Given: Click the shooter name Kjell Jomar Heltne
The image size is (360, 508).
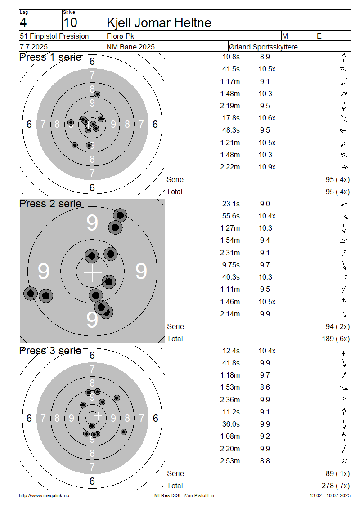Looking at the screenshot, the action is pyautogui.click(x=159, y=22).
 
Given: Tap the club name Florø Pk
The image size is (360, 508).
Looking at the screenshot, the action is pyautogui.click(x=120, y=36).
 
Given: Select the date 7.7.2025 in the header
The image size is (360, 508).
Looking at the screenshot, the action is pyautogui.click(x=34, y=47).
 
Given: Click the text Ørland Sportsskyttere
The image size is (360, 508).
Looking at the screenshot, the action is pyautogui.click(x=263, y=47).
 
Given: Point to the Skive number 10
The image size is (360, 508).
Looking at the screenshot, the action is pyautogui.click(x=70, y=22).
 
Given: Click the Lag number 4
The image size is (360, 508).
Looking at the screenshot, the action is pyautogui.click(x=23, y=22).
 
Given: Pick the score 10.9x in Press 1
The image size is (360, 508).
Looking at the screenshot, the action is pyautogui.click(x=267, y=167).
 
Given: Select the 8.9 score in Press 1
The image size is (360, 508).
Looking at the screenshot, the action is pyautogui.click(x=265, y=57).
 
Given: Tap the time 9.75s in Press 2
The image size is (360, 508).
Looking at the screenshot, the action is pyautogui.click(x=231, y=265).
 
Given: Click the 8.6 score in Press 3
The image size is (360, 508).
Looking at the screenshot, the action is pyautogui.click(x=265, y=388).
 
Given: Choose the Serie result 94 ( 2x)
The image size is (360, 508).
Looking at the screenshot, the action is pyautogui.click(x=337, y=326).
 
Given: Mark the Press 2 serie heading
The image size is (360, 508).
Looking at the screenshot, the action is pyautogui.click(x=50, y=204).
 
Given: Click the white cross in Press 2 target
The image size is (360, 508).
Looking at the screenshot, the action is pyautogui.click(x=93, y=272).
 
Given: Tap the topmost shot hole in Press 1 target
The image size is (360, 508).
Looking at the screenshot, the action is pyautogui.click(x=97, y=94).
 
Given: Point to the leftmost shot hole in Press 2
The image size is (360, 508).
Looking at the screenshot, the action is pyautogui.click(x=31, y=294).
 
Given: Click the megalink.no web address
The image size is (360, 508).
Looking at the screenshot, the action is pyautogui.click(x=44, y=496).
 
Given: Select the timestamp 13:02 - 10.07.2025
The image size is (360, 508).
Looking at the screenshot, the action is pyautogui.click(x=330, y=496).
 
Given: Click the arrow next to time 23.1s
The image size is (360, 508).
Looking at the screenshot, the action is pyautogui.click(x=344, y=204).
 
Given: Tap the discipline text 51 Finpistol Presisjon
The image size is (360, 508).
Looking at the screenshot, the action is pyautogui.click(x=54, y=36).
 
